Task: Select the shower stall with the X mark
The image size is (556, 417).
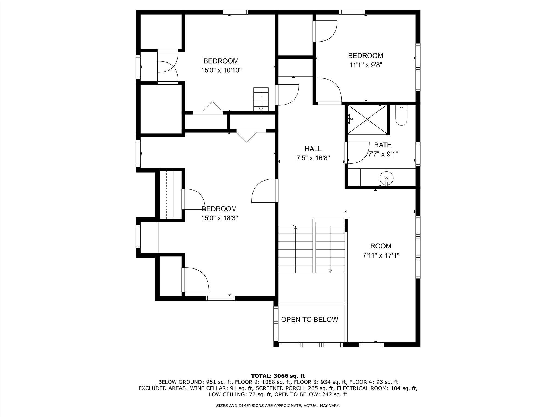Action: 367,119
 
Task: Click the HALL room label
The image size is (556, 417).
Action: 313,149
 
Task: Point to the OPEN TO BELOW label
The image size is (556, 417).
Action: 309,320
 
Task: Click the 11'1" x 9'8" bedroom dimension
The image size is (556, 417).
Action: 365,65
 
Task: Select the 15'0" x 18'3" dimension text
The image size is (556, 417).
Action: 219,218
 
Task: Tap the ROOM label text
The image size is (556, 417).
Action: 381,246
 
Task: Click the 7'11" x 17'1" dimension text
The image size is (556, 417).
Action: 381,255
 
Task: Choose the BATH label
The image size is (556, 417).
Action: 383,145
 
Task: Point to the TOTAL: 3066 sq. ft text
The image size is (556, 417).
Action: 278,376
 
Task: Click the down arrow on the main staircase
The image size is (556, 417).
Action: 330,270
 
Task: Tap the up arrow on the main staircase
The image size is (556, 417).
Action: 295,228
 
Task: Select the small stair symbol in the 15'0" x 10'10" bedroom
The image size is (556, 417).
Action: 261,99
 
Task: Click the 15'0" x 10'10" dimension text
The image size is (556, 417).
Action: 221,71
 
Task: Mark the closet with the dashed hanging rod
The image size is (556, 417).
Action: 170,195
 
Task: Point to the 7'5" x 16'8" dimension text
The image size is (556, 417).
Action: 313,158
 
